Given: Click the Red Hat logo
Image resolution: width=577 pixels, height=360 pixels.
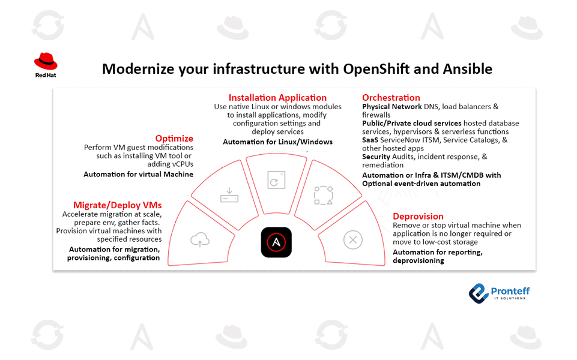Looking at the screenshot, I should click(x=46, y=65).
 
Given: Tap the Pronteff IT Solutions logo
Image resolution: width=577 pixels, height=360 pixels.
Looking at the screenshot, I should click(x=499, y=293).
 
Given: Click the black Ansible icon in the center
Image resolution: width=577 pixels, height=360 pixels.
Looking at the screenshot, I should click(x=276, y=242).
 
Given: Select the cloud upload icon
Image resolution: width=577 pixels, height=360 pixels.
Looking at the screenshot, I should click(x=200, y=240).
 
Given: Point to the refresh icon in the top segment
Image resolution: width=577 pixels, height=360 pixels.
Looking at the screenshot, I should click(x=276, y=179).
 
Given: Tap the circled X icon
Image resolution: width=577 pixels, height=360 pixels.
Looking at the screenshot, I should click(x=352, y=241).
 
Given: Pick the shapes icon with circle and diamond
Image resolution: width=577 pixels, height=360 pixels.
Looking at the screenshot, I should click(x=323, y=195).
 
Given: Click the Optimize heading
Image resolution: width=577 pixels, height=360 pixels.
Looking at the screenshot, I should click(x=174, y=138).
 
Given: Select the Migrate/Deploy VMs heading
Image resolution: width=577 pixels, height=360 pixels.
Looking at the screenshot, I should click(x=117, y=205).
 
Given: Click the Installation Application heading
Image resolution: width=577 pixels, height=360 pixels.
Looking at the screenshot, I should click(x=277, y=97).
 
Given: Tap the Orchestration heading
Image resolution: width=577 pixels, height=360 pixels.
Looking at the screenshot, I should click(x=391, y=97).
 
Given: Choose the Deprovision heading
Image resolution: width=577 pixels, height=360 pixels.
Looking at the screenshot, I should click(x=418, y=216).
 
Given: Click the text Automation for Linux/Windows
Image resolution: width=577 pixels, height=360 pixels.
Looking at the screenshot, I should click(x=277, y=142).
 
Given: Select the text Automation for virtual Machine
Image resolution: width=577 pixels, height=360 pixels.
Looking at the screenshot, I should click(x=138, y=174).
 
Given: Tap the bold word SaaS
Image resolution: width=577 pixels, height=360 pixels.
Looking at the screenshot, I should click(x=370, y=140).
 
